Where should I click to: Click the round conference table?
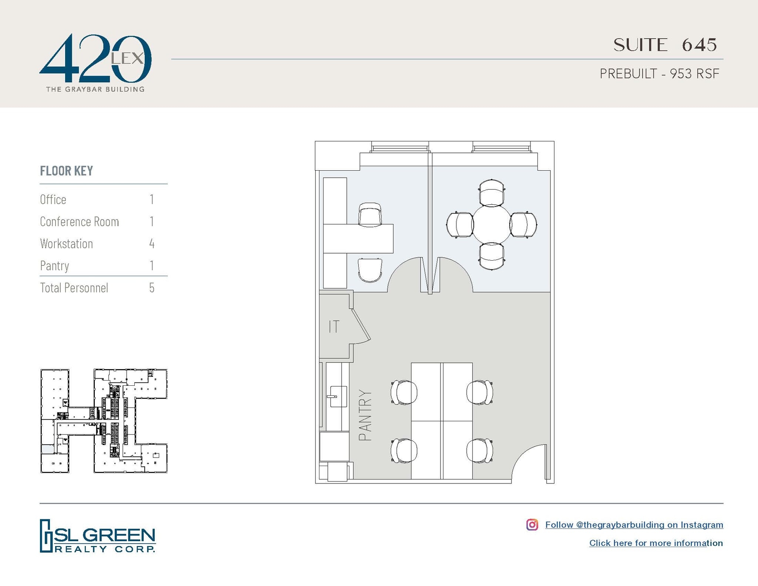click(492, 225)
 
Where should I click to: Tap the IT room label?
click(333, 327)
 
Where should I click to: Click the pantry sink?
click(337, 396)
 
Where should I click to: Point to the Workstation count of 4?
click(152, 244)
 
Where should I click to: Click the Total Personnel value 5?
click(152, 288)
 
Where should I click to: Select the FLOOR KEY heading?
click(66, 171)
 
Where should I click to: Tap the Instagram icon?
click(532, 525)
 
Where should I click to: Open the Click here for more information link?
click(656, 543)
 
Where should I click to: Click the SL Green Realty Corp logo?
click(97, 536)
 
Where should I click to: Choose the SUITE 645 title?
click(665, 45)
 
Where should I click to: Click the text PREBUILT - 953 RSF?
click(659, 74)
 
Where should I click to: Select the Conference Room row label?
click(79, 221)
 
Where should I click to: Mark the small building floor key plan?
click(104, 421)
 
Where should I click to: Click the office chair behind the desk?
click(370, 214)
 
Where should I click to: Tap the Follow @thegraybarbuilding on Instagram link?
click(634, 525)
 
